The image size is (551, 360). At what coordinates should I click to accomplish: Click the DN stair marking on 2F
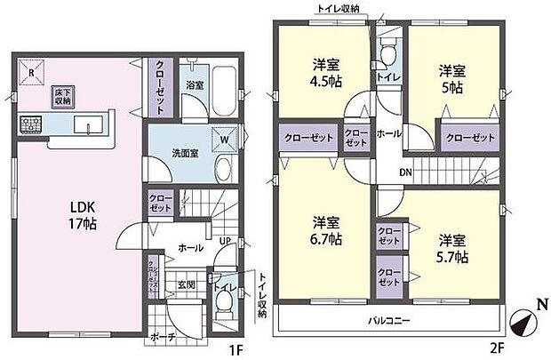pyautogui.click(x=405, y=172)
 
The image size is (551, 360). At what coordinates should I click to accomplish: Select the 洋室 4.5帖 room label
pyautogui.click(x=325, y=73)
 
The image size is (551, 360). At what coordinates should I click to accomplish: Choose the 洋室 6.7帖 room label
pyautogui.click(x=326, y=228)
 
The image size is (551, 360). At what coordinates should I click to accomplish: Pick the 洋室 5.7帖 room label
pyautogui.click(x=451, y=248)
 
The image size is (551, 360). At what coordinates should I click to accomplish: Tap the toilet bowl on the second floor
pyautogui.click(x=387, y=55)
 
